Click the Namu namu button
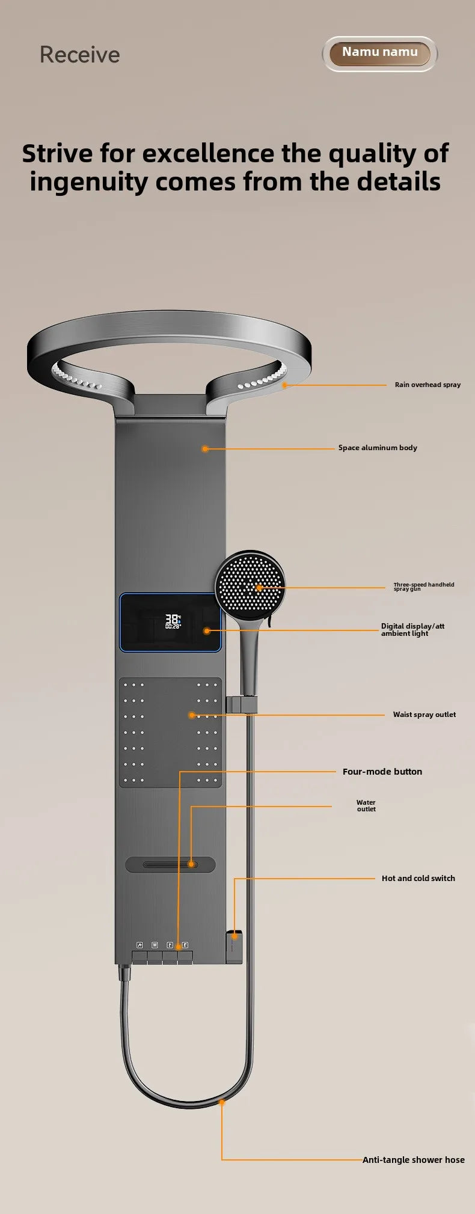[x=379, y=53]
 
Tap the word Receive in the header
[x=80, y=55]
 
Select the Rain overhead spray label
[x=427, y=385]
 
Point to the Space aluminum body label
[x=378, y=448]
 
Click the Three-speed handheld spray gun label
[x=424, y=587]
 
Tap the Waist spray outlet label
[x=424, y=715]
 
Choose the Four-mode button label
[x=382, y=772]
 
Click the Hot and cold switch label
[x=418, y=878]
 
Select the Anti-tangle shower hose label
[x=413, y=1160]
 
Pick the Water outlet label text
[x=366, y=805]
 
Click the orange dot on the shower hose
[x=222, y=1102]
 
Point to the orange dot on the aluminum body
[x=205, y=448]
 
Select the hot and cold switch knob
[x=234, y=946]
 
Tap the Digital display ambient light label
[x=412, y=629]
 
